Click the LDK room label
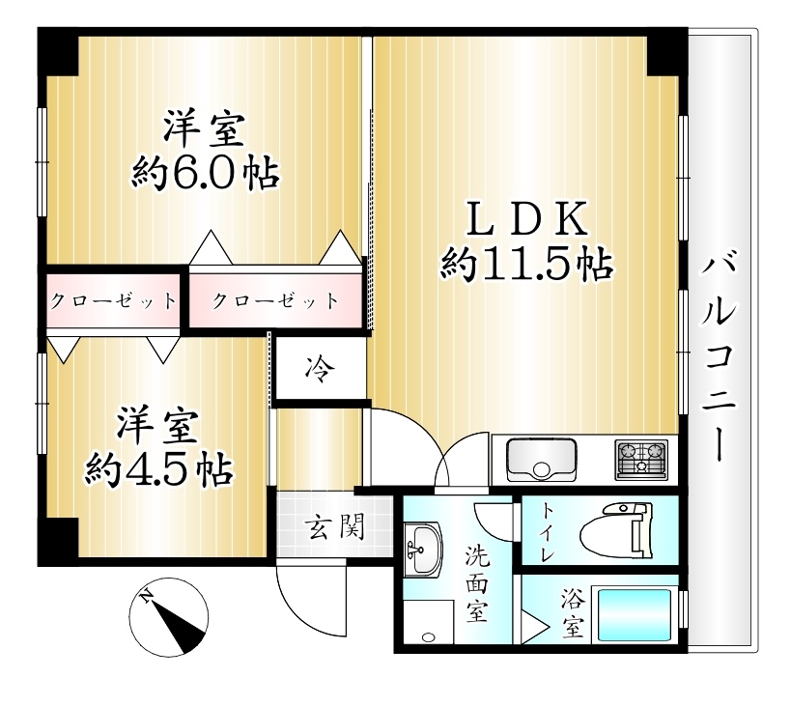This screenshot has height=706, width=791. [x=527, y=218]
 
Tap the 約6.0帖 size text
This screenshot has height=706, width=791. [x=206, y=174]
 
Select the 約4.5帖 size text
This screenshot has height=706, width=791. [x=159, y=469]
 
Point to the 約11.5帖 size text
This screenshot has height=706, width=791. [x=527, y=264]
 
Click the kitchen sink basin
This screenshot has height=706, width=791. [x=541, y=460]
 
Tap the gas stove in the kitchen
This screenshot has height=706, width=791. [x=641, y=460]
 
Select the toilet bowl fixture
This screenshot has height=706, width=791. [x=616, y=531]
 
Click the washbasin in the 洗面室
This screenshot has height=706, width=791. [x=423, y=549]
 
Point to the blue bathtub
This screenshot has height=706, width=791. [x=634, y=614]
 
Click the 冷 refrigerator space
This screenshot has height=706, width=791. [x=320, y=368]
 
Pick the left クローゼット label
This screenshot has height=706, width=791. [x=114, y=301]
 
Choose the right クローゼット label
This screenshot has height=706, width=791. [x=275, y=301]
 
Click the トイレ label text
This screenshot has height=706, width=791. [x=549, y=532]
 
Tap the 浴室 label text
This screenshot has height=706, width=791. [x=573, y=613]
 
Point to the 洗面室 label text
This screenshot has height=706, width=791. [x=477, y=584]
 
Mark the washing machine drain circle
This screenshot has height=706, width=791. [x=428, y=636]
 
